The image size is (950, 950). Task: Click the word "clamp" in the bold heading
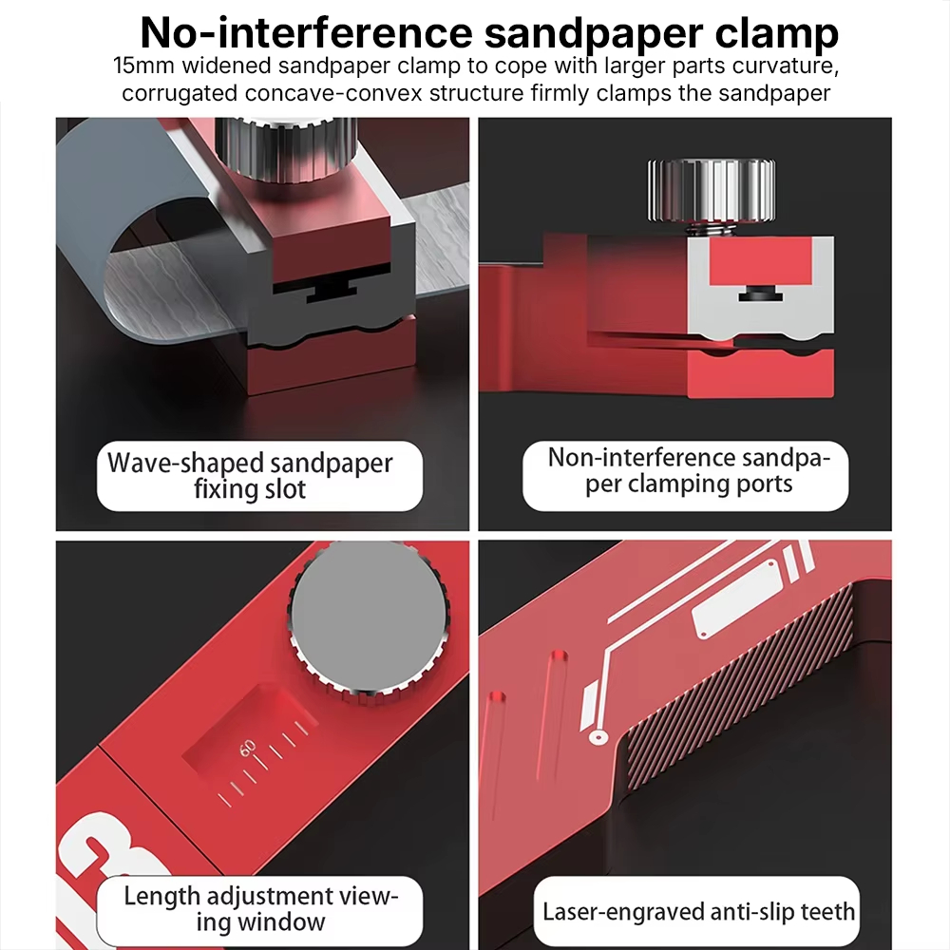pos(777,32)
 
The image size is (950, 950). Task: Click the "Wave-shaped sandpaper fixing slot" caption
pos(250,476)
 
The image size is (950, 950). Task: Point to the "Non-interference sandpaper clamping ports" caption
pos(689,471)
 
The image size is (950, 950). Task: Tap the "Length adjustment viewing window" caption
pos(261,908)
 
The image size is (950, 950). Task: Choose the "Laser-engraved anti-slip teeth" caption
pos(698,911)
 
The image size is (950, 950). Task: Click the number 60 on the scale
pos(248,749)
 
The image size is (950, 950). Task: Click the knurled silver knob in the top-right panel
pos(712,191)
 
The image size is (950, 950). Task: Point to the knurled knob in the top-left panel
pos(286,146)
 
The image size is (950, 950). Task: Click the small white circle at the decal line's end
pos(598,737)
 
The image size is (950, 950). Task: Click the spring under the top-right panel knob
pos(710,230)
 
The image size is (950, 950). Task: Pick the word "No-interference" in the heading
pos(306,32)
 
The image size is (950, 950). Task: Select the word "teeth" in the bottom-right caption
pos(827,911)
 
